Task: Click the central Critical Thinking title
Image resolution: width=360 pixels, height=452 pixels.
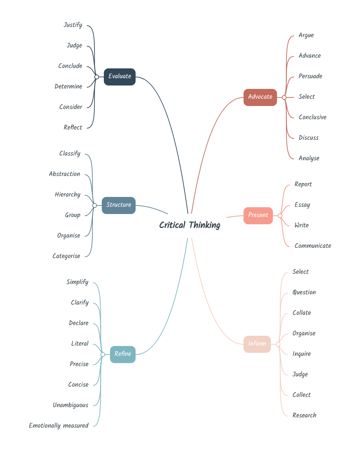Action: tap(190, 225)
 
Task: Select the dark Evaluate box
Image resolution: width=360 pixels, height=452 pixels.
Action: tap(120, 77)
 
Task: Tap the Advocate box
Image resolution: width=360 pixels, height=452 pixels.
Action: tap(260, 97)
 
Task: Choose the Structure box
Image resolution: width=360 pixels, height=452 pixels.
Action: tap(119, 205)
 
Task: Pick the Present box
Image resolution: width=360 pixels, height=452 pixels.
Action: tap(258, 215)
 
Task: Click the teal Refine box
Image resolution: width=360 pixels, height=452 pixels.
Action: tap(123, 354)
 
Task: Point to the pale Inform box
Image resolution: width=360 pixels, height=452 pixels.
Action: tap(257, 344)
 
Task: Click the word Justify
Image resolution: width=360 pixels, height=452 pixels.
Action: tap(73, 25)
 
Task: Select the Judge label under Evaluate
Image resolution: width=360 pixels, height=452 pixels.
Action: tap(74, 45)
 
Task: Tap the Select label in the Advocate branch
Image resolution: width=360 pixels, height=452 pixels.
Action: tap(306, 97)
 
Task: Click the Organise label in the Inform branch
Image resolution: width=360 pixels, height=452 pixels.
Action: tap(304, 333)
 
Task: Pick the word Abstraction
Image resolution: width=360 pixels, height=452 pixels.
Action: tap(65, 174)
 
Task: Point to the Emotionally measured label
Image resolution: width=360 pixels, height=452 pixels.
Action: tap(58, 426)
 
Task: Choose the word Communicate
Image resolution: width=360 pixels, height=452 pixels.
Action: tap(313, 246)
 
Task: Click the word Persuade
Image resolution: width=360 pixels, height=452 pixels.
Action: tap(310, 76)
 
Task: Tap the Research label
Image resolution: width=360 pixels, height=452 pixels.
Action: tap(304, 415)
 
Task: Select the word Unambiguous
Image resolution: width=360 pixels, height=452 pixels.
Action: tap(70, 405)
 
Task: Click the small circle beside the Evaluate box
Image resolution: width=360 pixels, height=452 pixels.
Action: tap(97, 77)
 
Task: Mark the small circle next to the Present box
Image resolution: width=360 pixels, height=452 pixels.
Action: tap(280, 216)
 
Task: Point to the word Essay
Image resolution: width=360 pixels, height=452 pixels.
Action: tap(302, 205)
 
